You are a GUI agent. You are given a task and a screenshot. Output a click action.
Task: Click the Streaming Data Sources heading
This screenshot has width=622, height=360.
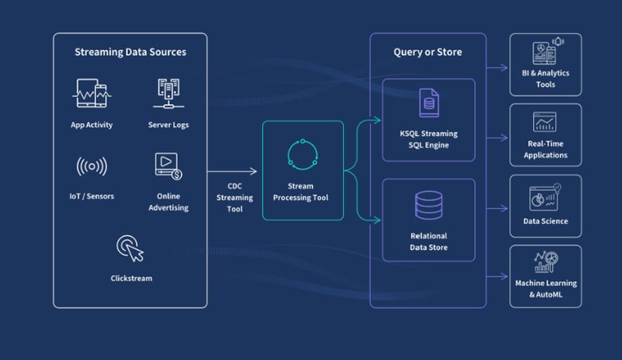130,52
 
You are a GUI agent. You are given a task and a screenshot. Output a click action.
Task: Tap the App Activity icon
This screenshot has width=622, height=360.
91,95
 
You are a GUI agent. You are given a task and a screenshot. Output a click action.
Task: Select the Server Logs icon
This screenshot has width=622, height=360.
168,94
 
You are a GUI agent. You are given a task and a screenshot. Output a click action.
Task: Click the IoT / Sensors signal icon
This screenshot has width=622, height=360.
91,167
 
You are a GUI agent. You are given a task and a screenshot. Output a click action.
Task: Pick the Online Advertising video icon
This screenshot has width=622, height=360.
168,166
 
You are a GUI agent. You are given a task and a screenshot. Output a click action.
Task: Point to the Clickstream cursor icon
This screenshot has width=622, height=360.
130,247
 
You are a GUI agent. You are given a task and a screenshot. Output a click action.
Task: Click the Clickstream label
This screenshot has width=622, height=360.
130,278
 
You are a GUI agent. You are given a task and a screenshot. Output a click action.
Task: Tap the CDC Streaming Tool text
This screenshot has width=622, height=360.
234,198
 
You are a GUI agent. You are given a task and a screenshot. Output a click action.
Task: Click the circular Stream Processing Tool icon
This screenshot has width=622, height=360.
303,153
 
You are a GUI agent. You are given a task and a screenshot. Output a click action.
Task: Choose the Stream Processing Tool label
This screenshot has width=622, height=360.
303,192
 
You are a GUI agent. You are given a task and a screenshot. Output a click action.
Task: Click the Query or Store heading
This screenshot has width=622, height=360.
427,52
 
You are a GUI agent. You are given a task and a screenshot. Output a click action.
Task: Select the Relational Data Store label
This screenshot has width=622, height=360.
429,242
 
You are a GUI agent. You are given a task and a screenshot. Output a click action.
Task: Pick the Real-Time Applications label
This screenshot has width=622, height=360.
546,149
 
